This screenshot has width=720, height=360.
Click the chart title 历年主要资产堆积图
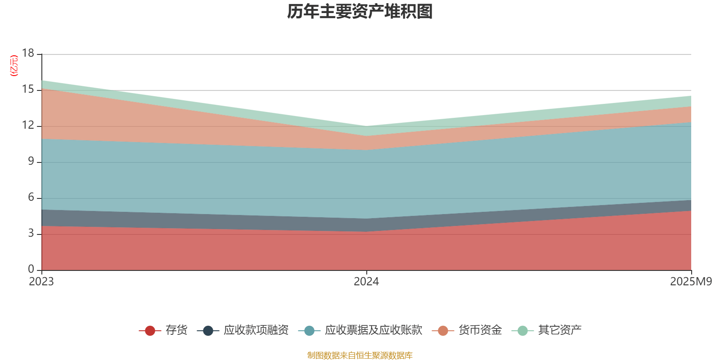(x=360, y=12)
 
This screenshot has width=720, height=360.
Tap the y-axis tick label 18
(x=28, y=54)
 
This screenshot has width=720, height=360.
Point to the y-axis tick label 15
(x=28, y=90)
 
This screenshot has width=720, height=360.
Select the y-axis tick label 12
(x=28, y=126)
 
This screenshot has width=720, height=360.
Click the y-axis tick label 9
(x=31, y=162)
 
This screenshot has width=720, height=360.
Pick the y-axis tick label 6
(x=31, y=198)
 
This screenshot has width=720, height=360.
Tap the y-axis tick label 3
(x=31, y=234)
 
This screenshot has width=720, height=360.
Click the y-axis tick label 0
(x=31, y=270)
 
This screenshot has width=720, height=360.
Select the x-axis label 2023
(x=41, y=282)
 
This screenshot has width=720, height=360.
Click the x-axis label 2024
(x=366, y=282)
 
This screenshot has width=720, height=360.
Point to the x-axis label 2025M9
(x=691, y=282)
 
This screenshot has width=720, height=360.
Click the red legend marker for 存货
(x=150, y=331)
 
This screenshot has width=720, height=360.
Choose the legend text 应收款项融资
(x=256, y=330)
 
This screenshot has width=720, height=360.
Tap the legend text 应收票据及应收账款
(x=373, y=330)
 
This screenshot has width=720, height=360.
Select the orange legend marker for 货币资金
(x=443, y=331)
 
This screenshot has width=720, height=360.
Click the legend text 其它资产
(x=560, y=330)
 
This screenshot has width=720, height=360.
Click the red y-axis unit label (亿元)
(x=14, y=66)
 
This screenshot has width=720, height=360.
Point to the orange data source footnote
(x=360, y=355)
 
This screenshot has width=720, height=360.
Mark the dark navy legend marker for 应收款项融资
(x=208, y=331)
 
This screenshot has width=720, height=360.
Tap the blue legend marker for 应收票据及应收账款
(x=309, y=331)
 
